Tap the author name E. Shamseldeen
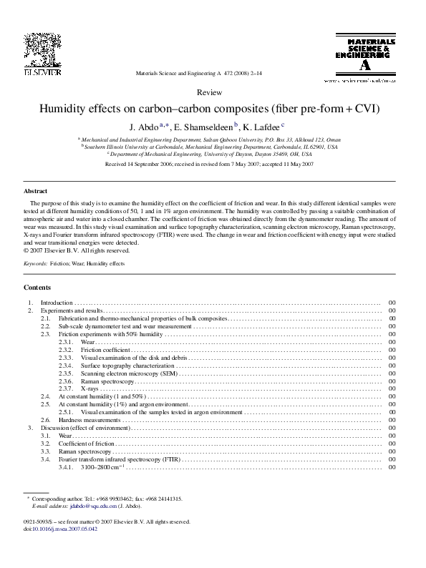coord(204,126)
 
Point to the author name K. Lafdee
coord(263,126)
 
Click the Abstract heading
coord(35,192)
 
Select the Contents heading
coord(37,287)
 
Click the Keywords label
coord(36,264)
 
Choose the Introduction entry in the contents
coord(57,303)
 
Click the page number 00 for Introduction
coord(392,303)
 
